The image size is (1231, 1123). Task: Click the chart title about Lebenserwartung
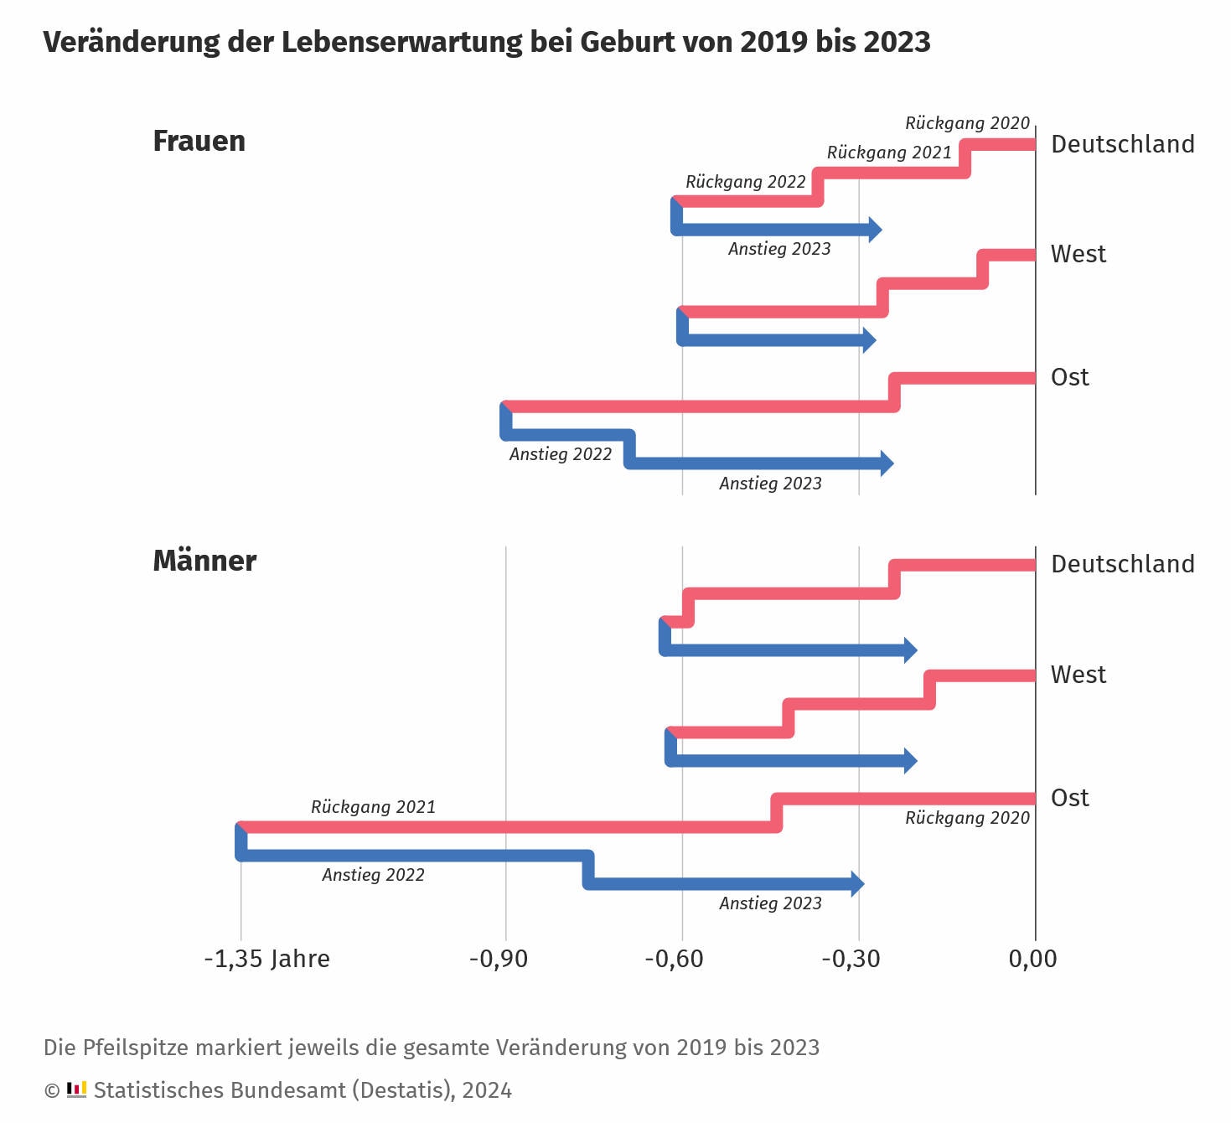[x=486, y=42]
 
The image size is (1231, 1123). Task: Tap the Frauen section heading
[x=199, y=142]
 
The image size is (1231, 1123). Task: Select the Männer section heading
[x=204, y=561]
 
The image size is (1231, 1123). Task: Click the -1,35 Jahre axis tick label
[x=266, y=959]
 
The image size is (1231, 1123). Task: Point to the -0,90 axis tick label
[x=498, y=959]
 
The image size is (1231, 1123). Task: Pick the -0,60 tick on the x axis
[x=674, y=959]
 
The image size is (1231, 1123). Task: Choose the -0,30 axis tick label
[x=851, y=959]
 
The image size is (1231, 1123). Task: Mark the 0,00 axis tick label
[x=1032, y=959]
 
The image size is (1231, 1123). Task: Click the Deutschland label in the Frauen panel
[x=1122, y=144]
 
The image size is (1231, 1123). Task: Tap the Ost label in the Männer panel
[x=1069, y=798]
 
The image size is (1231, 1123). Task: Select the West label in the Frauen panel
[x=1078, y=254]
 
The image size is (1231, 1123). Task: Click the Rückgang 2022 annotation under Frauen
[x=745, y=182]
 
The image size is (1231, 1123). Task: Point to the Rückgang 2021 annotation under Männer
[x=373, y=807]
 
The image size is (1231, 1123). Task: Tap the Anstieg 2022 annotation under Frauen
[x=560, y=454]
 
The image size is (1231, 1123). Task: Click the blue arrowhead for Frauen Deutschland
[x=875, y=230]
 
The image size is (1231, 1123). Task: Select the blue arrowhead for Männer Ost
[x=857, y=883]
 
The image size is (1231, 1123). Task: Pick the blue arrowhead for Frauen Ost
[x=887, y=463]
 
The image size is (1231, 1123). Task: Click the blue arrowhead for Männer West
[x=910, y=761]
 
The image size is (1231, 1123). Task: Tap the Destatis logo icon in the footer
[x=76, y=1089]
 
